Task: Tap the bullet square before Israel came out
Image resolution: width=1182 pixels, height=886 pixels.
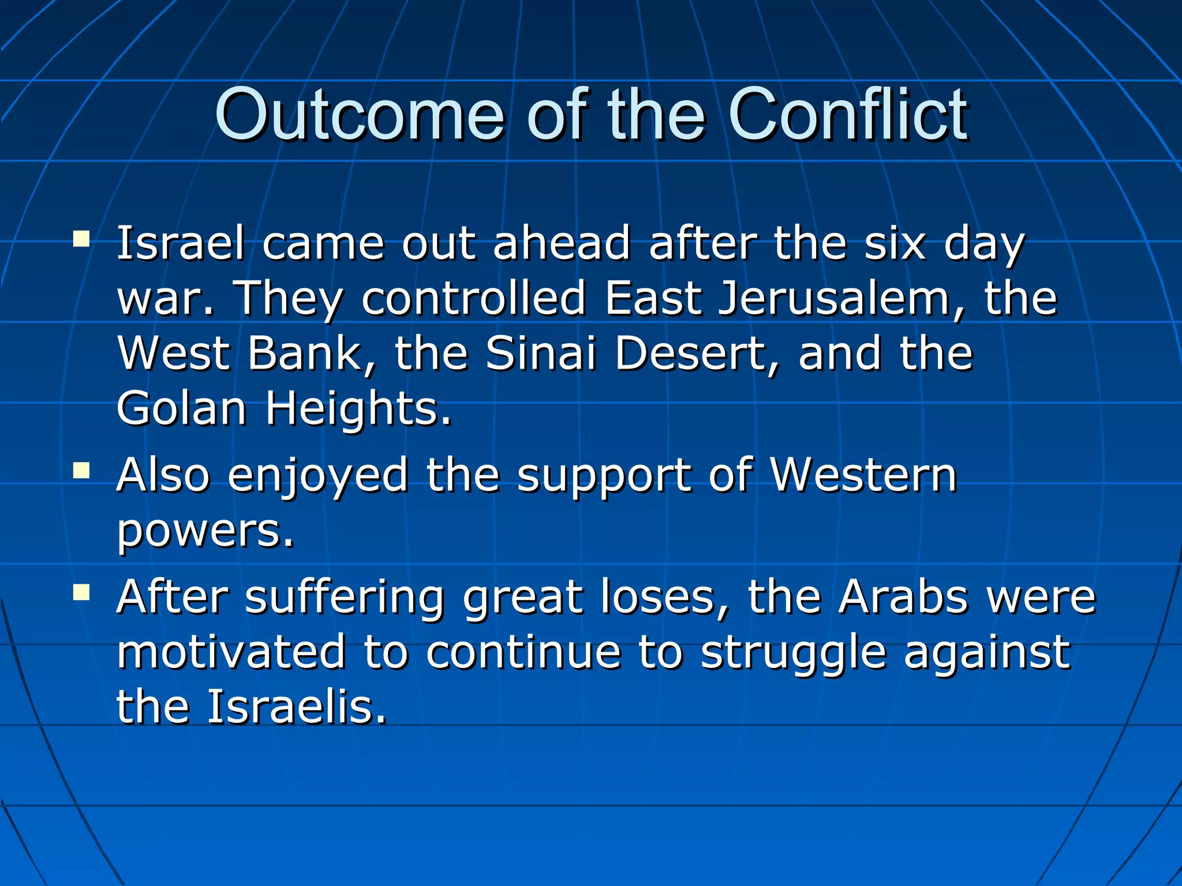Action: tap(81, 239)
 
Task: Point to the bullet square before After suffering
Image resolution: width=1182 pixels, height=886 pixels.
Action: tap(81, 592)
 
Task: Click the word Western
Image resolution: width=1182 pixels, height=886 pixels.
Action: tap(863, 475)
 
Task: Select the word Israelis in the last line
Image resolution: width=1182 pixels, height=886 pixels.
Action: tap(295, 707)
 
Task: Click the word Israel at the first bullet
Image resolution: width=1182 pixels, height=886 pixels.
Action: tap(181, 243)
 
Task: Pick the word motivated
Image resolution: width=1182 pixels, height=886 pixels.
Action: tap(231, 652)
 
